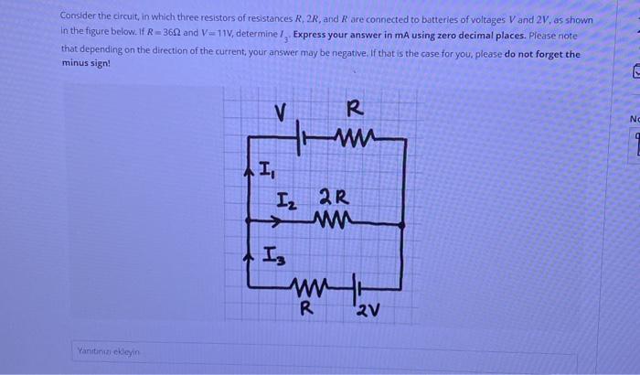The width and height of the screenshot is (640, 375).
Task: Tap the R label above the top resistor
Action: click(x=356, y=110)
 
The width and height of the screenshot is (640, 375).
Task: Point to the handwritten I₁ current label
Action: click(x=265, y=169)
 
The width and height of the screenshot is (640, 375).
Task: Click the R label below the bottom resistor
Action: click(x=308, y=307)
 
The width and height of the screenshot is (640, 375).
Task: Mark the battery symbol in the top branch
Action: click(x=303, y=138)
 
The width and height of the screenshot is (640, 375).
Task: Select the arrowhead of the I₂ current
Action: click(x=276, y=220)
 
